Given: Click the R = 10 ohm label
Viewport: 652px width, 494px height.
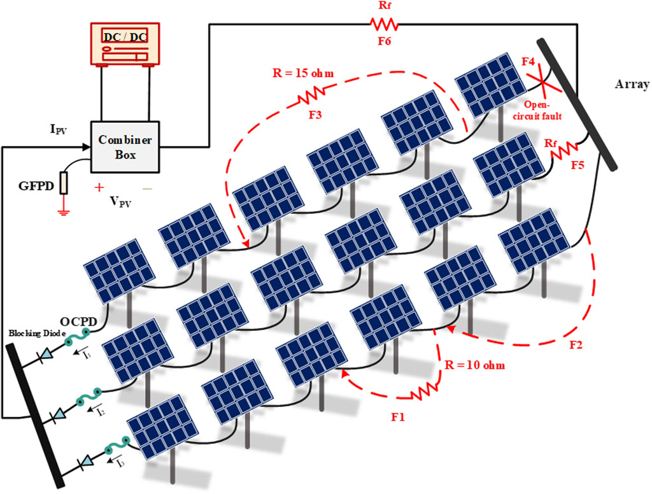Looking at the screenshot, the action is pyautogui.click(x=471, y=367).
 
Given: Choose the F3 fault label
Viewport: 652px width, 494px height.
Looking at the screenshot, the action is pyautogui.click(x=304, y=116).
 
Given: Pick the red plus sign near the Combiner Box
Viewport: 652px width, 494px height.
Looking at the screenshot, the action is pyautogui.click(x=99, y=188).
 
